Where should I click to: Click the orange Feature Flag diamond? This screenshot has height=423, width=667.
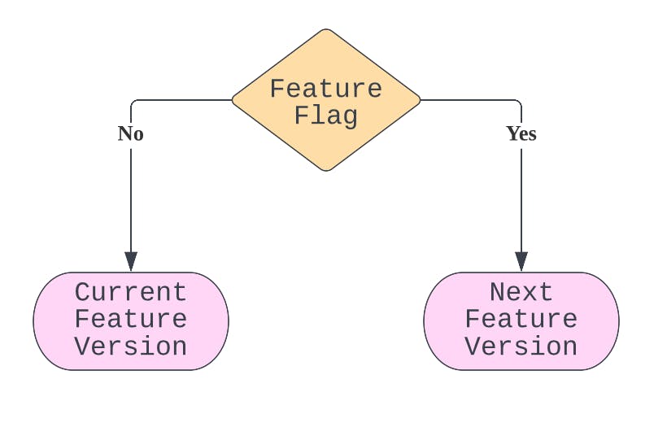pos(326,100)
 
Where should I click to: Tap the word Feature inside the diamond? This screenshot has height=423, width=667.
pos(326,89)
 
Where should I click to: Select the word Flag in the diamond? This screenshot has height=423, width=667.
pos(326,116)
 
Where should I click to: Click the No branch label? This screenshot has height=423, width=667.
pos(131,133)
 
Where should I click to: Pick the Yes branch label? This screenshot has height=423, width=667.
pos(521,133)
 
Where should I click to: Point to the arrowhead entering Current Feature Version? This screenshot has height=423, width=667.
pos(131,261)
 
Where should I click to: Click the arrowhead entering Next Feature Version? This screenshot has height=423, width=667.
pos(521,261)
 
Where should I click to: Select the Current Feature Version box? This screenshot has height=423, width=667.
pos(131,321)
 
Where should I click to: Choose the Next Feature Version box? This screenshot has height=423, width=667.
pos(521,321)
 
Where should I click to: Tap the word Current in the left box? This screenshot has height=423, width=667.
pos(131,292)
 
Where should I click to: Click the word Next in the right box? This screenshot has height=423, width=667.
pos(521,292)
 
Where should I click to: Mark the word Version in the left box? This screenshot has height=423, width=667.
pos(131,347)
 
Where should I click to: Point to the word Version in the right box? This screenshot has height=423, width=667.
pos(521,347)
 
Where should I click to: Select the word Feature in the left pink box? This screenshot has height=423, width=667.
pos(131,319)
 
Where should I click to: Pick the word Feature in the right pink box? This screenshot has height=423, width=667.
pos(521,319)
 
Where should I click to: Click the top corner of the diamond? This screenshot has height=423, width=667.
pos(326,29)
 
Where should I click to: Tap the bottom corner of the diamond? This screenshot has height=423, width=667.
pos(326,171)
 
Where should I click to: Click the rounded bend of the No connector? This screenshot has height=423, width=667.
pos(133,102)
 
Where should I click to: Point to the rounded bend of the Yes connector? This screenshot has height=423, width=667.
pos(520,102)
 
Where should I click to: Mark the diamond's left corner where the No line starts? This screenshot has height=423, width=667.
pos(233,100)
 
